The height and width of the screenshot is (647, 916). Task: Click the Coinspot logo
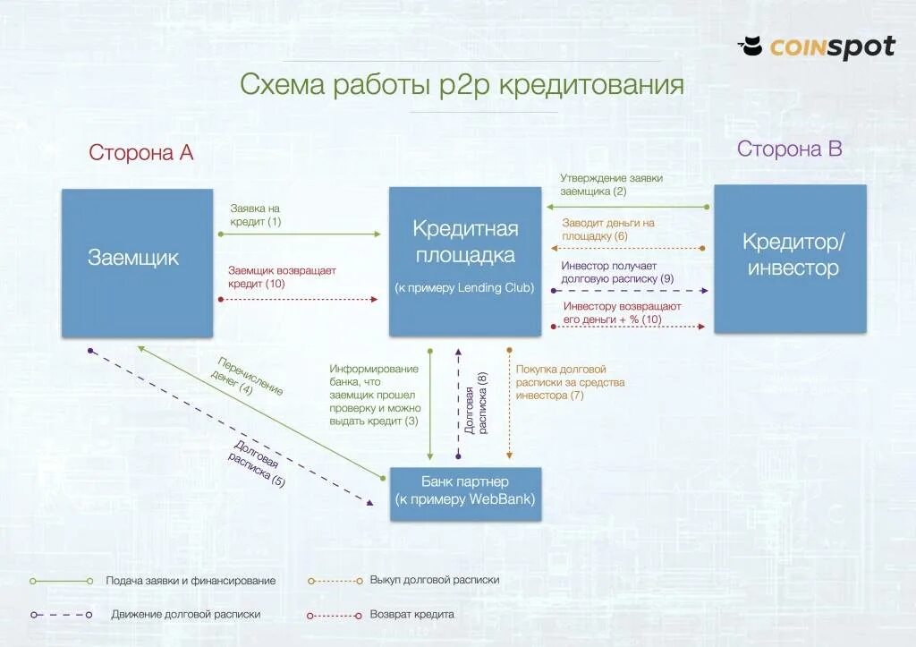[816, 47]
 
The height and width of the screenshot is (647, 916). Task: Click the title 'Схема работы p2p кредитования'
[462, 85]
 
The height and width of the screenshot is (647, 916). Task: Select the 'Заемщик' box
[137, 262]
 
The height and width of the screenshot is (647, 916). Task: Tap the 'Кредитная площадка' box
[465, 260]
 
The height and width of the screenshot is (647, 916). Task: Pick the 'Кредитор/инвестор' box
[790, 258]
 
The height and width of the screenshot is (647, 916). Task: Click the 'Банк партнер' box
[465, 492]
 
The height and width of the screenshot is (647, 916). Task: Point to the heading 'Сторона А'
[141, 152]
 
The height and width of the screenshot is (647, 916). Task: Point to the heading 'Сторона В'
[789, 149]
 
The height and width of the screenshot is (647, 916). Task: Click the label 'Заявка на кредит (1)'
[255, 215]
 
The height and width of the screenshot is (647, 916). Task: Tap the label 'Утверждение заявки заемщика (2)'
[611, 184]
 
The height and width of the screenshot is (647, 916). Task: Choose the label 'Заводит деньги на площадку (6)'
[607, 229]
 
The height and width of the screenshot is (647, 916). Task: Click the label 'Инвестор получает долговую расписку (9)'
[616, 272]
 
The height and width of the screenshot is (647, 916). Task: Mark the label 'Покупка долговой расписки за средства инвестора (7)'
[570, 382]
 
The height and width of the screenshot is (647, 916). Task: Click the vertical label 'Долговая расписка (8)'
[476, 404]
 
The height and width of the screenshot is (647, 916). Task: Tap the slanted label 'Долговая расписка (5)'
[254, 464]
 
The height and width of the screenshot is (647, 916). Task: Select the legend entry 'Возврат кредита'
[411, 615]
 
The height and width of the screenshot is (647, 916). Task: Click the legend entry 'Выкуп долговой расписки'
[434, 580]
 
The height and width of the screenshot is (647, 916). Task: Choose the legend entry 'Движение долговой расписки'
[186, 615]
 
